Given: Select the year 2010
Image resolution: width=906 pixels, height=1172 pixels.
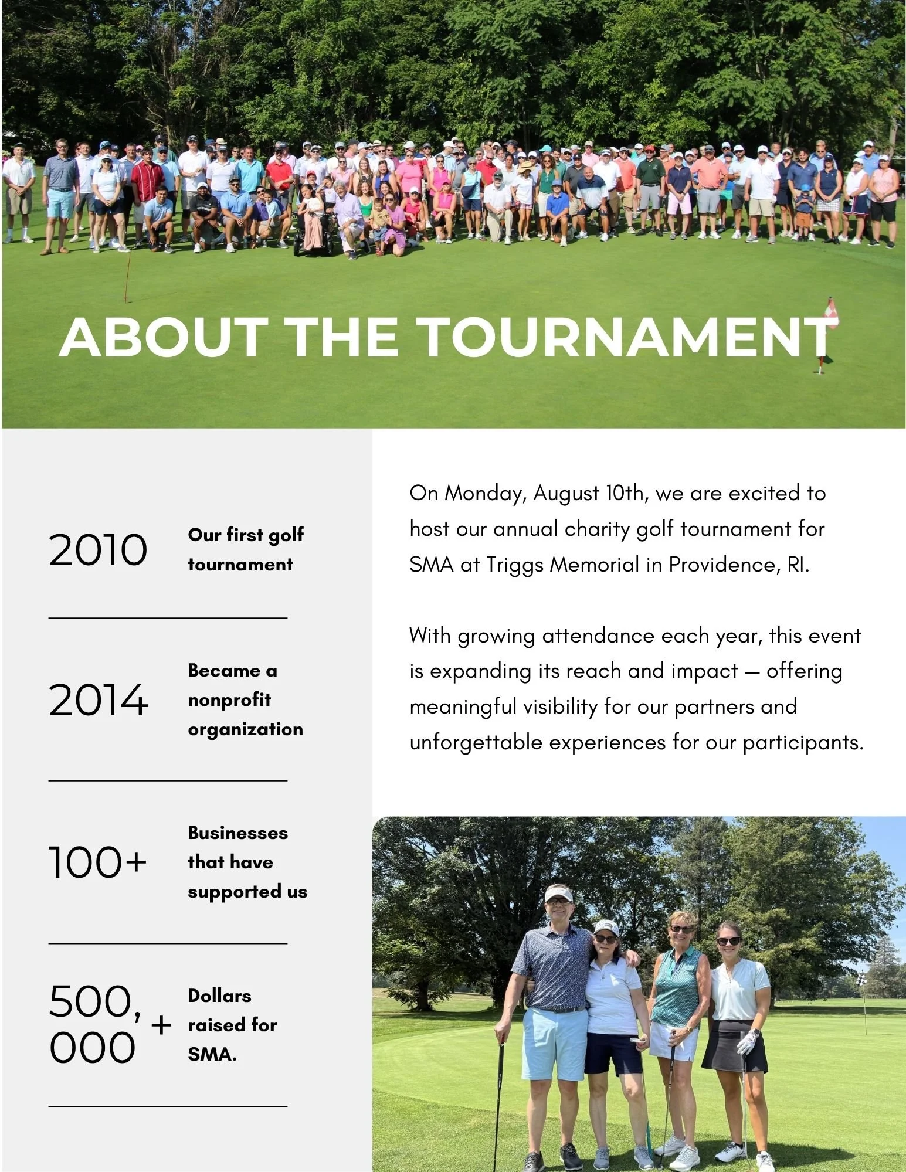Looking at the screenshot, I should (97, 550).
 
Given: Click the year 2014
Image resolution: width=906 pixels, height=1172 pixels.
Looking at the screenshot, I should (98, 700).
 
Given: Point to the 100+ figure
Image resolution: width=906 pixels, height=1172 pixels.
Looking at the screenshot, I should (97, 862).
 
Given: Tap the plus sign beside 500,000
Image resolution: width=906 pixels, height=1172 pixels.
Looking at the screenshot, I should (161, 1025).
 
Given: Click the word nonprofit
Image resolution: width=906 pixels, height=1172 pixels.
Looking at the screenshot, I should (229, 700).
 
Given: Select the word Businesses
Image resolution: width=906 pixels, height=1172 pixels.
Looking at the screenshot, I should (237, 833).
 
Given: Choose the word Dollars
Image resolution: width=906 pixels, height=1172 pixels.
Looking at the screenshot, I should (219, 996).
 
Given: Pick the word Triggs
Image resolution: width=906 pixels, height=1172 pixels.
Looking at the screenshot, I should (515, 565).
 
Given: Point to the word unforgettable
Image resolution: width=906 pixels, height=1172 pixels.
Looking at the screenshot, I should (476, 743).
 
